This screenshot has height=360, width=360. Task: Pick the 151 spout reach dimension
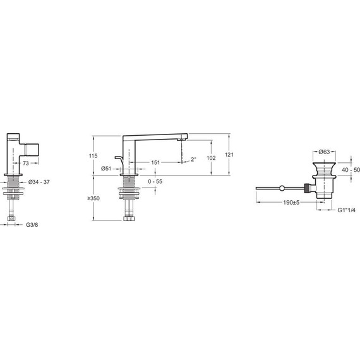(x=155, y=163)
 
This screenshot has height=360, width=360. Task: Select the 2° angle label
(x=193, y=160)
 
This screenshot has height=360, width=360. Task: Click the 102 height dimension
(x=212, y=158)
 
